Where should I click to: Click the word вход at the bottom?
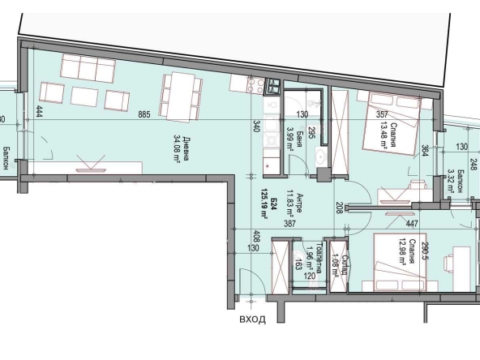[252, 319]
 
